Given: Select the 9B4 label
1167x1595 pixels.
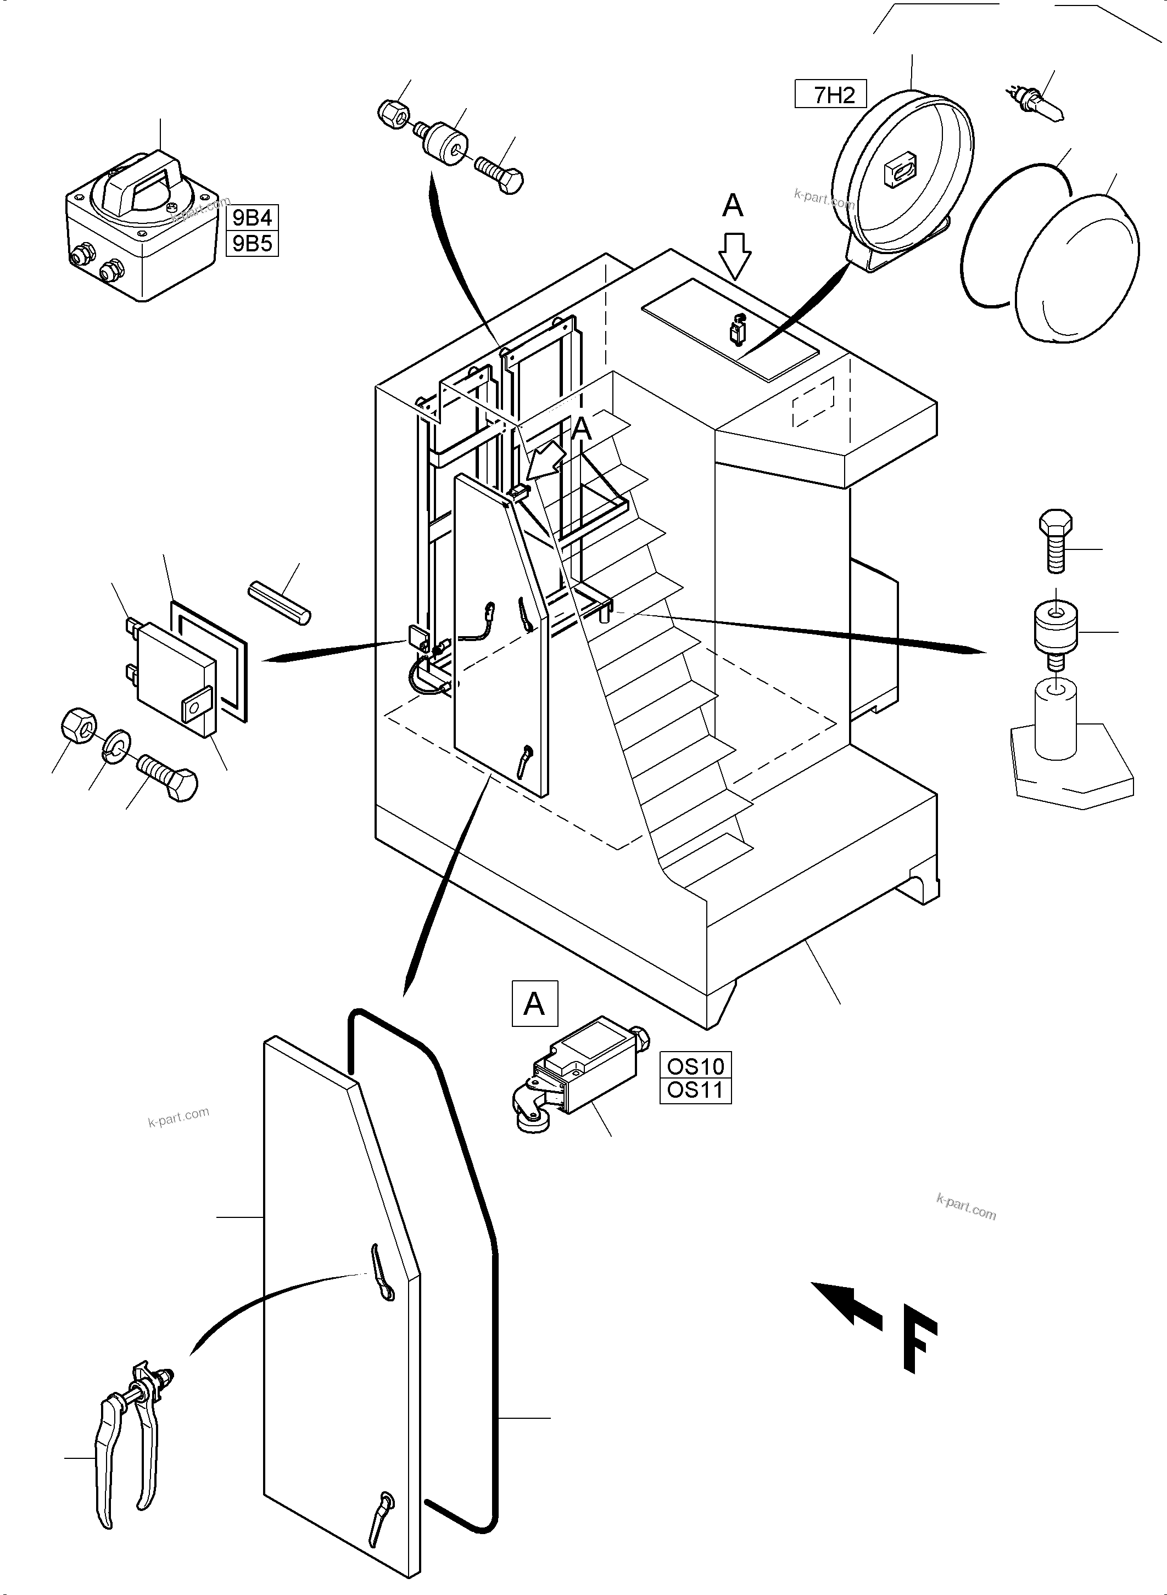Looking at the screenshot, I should (x=252, y=217).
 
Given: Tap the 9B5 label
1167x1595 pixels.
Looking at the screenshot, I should (x=252, y=244).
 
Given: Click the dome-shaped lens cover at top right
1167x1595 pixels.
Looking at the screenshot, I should (x=1077, y=268).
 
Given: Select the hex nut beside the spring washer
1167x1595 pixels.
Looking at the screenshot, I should (x=77, y=725).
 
